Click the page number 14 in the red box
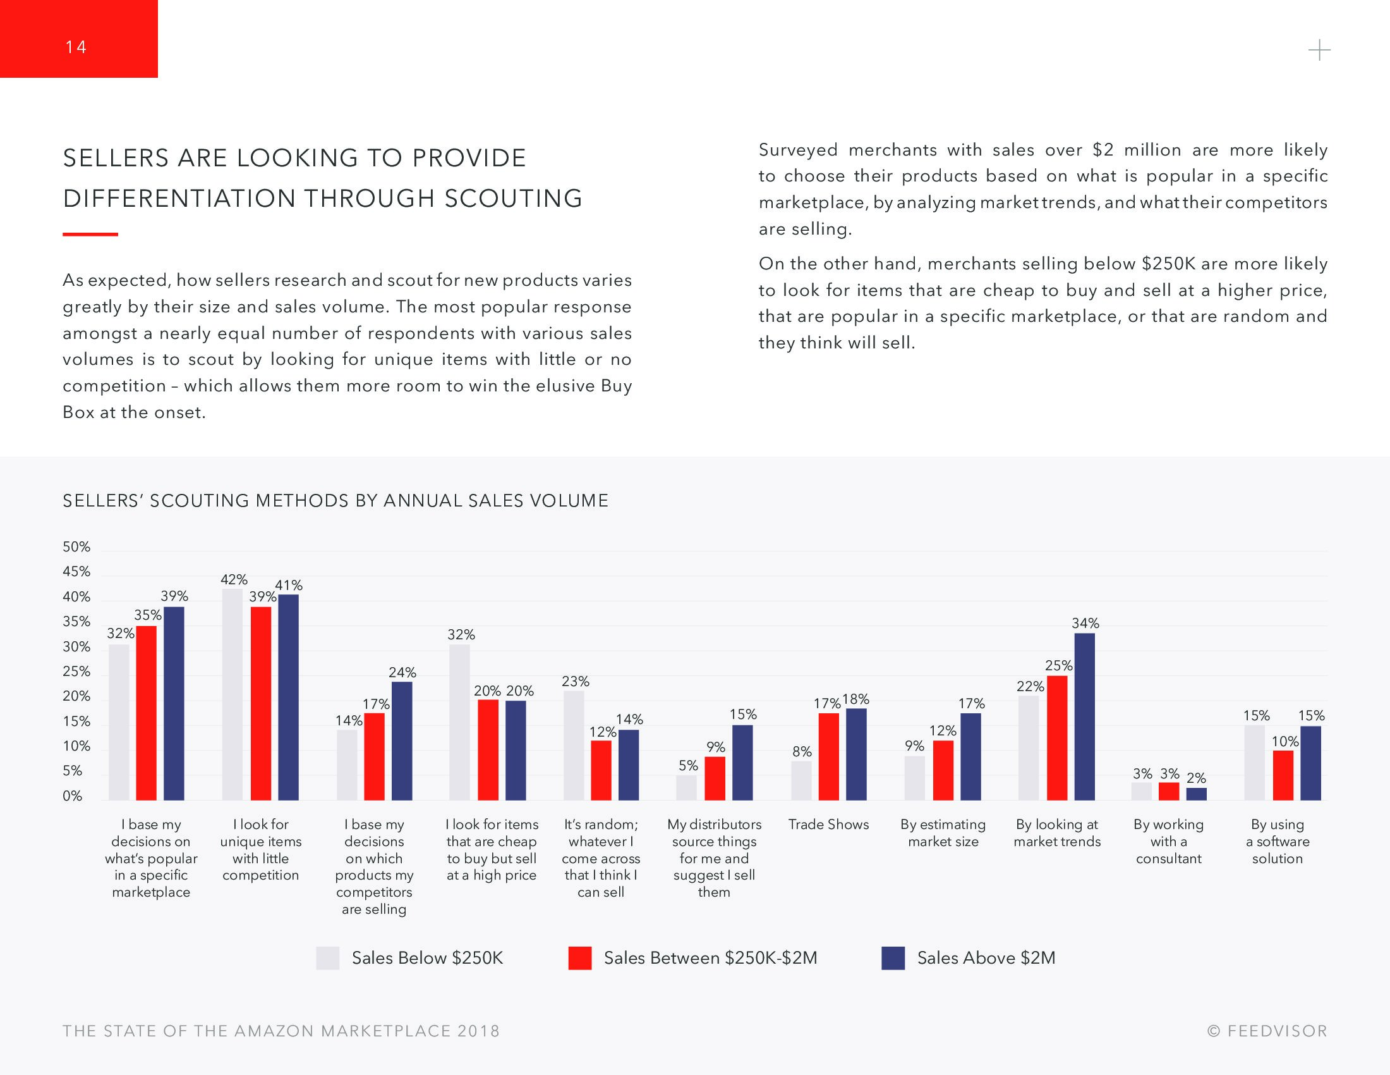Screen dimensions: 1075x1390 (76, 47)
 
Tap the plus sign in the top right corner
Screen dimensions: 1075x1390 (1319, 51)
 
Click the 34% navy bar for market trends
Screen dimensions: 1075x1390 (1084, 716)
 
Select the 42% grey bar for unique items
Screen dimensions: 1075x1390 (233, 694)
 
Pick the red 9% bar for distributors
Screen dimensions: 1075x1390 (715, 778)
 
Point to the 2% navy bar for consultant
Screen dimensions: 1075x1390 (1196, 794)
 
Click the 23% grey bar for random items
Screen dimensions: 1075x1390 (574, 745)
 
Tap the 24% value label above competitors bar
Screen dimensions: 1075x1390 (402, 673)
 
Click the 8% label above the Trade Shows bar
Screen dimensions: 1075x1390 (802, 751)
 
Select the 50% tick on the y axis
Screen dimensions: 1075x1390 (76, 547)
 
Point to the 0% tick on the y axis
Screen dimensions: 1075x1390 (73, 796)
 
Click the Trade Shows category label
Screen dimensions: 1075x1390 (828, 825)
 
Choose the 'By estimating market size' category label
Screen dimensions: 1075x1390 (943, 833)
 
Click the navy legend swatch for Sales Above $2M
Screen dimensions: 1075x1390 (893, 958)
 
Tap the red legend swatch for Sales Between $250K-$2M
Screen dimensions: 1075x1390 (580, 958)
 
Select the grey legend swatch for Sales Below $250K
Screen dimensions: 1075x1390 (328, 958)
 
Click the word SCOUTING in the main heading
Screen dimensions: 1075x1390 (513, 199)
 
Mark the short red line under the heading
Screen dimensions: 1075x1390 (90, 235)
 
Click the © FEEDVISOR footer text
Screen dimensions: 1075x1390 (1267, 1031)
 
